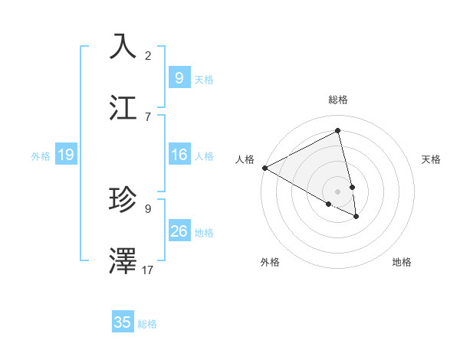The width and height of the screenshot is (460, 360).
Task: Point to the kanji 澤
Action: (x=124, y=261)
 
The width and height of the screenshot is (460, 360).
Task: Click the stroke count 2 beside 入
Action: (x=148, y=55)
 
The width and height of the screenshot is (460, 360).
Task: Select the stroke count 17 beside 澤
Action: (x=148, y=270)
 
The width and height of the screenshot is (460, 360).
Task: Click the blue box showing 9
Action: (x=179, y=78)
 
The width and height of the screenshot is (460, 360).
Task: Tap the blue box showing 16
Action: (x=179, y=155)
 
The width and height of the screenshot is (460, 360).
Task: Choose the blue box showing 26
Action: (x=179, y=231)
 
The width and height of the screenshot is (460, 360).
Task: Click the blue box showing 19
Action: (x=65, y=155)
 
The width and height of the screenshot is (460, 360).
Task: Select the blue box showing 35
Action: (x=123, y=322)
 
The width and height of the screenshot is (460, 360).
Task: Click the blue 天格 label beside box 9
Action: (x=204, y=79)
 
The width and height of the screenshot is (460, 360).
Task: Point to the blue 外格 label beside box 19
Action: (x=41, y=156)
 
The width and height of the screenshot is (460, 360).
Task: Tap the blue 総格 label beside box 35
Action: (x=147, y=324)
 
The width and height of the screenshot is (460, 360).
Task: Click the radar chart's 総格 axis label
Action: (x=338, y=100)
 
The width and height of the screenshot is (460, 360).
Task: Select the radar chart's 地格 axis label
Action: (x=402, y=262)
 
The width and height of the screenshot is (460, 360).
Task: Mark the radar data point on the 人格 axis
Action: (x=264, y=168)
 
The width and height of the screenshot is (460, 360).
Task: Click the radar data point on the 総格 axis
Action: (x=337, y=130)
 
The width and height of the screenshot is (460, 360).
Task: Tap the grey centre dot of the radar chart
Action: (x=337, y=191)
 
